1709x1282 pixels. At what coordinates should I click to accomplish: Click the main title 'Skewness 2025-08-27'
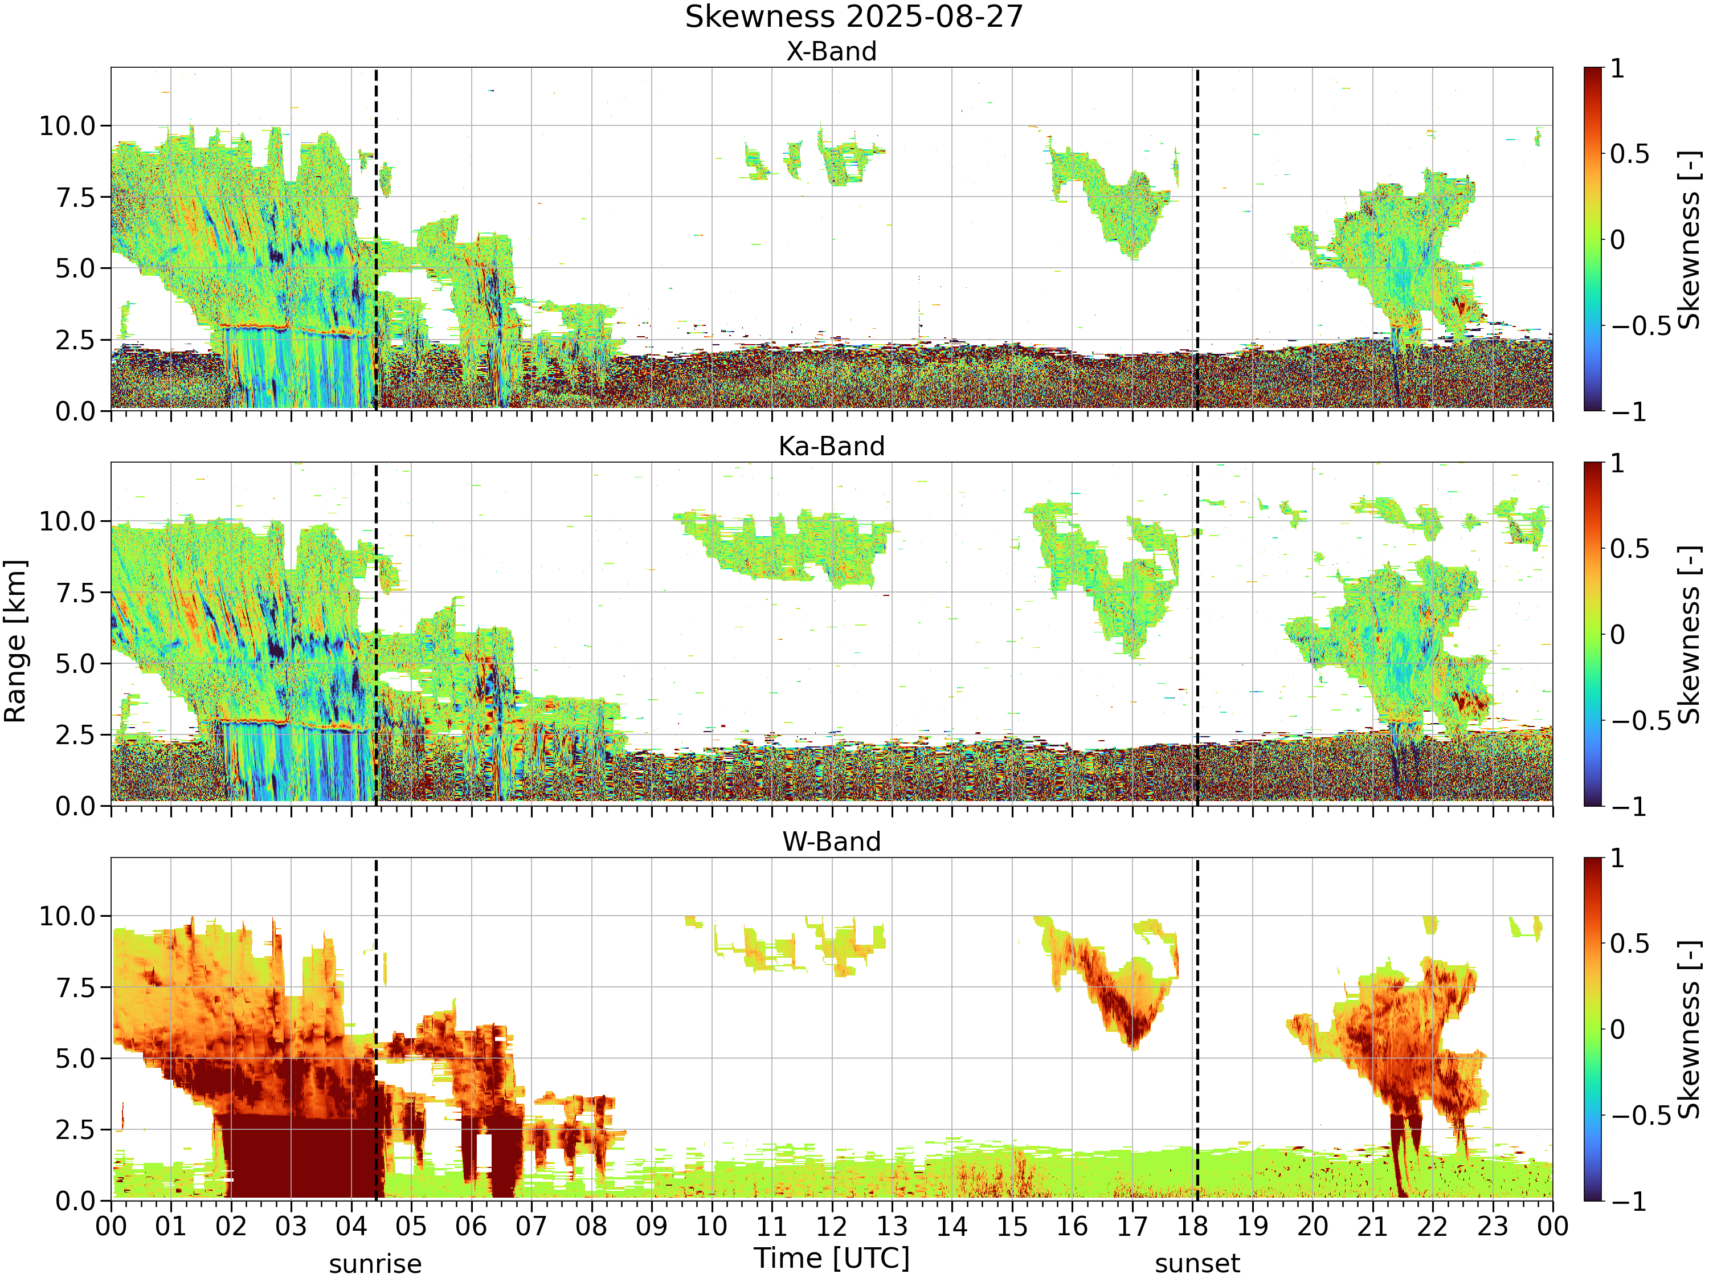coord(854,17)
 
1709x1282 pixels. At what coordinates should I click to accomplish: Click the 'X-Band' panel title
coord(831,52)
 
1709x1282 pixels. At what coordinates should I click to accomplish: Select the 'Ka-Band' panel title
coord(831,447)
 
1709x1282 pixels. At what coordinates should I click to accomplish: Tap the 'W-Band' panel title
coord(831,842)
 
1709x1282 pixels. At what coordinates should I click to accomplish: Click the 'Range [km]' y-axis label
coord(15,642)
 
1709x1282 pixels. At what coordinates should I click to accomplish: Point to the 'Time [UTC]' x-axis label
coord(832,1258)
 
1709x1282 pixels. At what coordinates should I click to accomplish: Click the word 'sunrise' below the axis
coord(375,1264)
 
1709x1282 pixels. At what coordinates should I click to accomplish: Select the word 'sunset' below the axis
coord(1197,1264)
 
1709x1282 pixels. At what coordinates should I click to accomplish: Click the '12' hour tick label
coord(832,1226)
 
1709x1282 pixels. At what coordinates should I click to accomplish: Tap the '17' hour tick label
coord(1132,1226)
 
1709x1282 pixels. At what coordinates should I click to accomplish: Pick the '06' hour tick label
coord(471,1226)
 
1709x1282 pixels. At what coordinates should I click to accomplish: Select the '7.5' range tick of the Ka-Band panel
coord(76,593)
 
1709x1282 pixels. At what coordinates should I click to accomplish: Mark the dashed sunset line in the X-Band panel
coord(1197,239)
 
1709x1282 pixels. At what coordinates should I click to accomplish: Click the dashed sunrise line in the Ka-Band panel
coord(376,634)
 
